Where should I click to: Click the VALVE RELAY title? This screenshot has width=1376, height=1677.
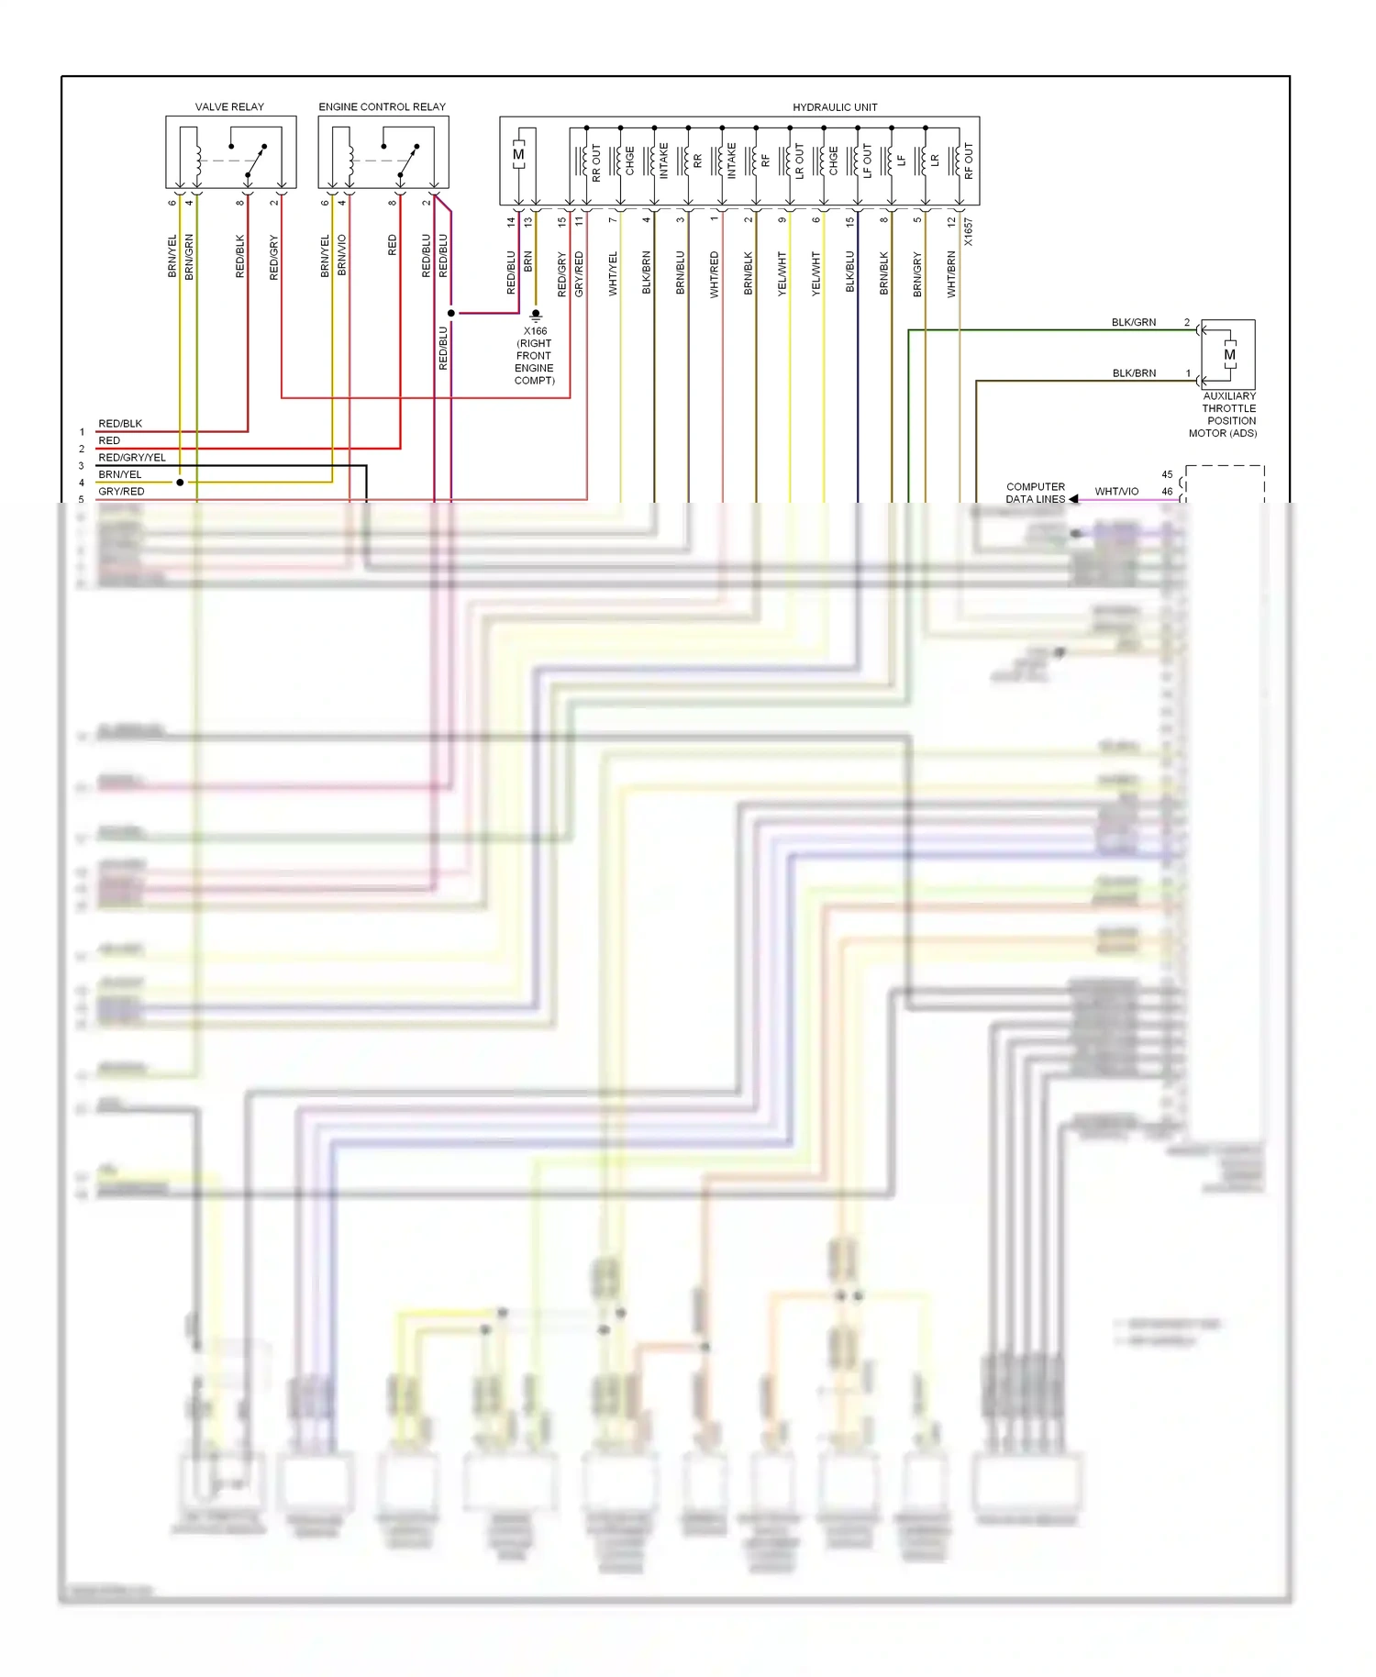coord(229,107)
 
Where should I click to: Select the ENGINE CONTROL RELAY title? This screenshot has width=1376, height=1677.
coord(382,107)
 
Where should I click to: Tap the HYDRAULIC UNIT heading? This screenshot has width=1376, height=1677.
coord(835,107)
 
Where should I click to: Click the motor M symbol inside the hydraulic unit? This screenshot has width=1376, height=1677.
coord(519,154)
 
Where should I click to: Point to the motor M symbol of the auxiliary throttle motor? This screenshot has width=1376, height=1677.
coord(1229,355)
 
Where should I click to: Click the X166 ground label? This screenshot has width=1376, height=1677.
coord(535,331)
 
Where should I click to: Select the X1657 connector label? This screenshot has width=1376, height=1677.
coord(969,231)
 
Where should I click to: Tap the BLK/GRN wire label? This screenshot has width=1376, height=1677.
coord(1134,323)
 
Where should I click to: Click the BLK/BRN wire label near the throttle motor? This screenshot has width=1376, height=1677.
coord(1134,373)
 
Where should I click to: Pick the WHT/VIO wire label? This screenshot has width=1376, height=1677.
coord(1116,492)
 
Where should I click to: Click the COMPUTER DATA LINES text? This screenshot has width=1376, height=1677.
coord(1036,494)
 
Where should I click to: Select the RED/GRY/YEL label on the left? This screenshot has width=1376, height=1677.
coord(132,458)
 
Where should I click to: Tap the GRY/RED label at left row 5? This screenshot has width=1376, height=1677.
coord(121,492)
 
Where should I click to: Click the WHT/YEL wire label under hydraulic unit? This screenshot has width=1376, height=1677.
coord(614,273)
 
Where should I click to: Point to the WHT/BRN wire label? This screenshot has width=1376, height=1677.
coord(952,273)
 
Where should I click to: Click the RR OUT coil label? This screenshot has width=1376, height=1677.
coord(596,161)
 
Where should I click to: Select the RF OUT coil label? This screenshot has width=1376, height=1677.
coord(969,161)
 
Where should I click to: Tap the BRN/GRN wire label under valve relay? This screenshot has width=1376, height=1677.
coord(190,257)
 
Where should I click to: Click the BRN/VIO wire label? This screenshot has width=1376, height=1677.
coord(342,255)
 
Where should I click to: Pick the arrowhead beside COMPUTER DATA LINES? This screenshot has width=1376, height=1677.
coord(1073,499)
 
